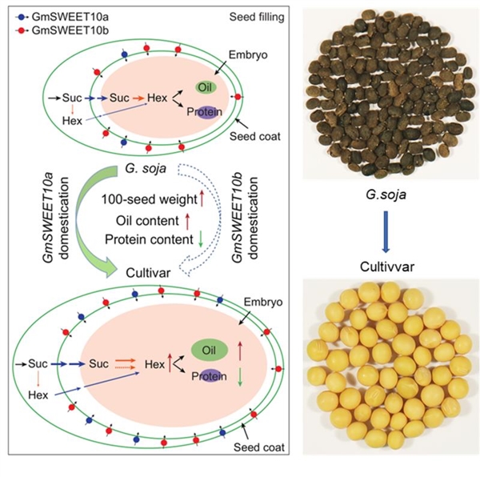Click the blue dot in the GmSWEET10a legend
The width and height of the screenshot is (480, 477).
[21, 17]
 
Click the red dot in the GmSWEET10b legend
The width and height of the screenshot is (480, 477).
[21, 30]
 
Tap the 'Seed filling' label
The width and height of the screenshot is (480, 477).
[257, 17]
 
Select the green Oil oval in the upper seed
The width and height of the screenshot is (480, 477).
[206, 87]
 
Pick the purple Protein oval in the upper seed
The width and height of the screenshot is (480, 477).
[206, 112]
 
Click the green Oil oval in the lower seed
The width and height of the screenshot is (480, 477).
[210, 350]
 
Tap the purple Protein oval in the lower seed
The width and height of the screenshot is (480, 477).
[210, 375]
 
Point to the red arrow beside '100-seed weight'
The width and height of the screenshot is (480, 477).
[202, 198]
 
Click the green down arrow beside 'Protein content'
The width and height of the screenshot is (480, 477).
[201, 239]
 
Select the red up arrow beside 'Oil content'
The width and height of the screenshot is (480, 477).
[187, 222]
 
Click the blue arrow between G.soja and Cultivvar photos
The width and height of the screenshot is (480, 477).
[386, 232]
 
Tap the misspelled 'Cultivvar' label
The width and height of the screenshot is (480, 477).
[387, 267]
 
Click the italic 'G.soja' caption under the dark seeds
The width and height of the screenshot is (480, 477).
[386, 194]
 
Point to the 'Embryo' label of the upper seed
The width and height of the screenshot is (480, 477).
[248, 54]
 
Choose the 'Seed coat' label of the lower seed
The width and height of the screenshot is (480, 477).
[259, 447]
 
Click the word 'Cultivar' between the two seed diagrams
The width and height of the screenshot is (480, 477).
[148, 273]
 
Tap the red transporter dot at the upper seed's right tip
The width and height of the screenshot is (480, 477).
[238, 97]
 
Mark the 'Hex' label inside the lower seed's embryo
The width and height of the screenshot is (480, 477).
[155, 364]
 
